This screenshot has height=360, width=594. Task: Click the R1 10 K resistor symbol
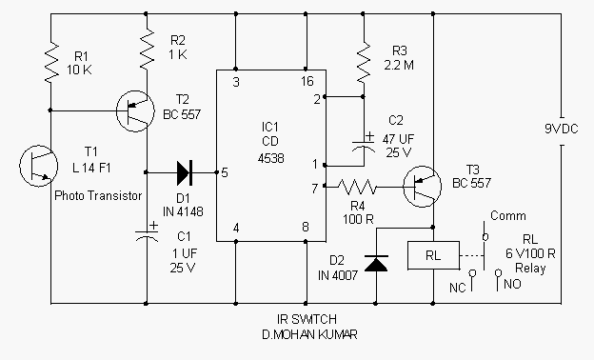point(51,62)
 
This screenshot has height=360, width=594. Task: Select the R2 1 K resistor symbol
point(147,50)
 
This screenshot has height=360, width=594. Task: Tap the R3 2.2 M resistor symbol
point(364,62)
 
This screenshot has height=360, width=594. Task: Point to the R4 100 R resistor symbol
point(356,187)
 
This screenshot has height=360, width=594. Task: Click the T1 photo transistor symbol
point(39,166)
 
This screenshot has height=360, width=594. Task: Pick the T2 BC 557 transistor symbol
point(135,111)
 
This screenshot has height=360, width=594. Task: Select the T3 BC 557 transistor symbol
point(422,187)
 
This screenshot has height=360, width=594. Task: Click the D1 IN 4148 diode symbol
point(185,172)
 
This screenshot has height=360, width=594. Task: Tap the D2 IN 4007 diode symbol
point(376,263)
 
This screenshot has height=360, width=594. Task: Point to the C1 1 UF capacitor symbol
point(147,232)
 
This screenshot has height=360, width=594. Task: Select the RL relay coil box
point(433,255)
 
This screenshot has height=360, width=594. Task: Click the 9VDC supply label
point(562,129)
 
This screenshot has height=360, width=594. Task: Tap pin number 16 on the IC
point(307,81)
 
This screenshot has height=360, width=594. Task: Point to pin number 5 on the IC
point(225,172)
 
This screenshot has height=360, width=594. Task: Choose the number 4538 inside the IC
point(270,158)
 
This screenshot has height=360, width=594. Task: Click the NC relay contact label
point(457,288)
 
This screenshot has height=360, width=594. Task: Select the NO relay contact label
point(512,284)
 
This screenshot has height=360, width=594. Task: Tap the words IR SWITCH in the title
point(307,319)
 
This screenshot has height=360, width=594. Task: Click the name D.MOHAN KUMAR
point(310,334)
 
